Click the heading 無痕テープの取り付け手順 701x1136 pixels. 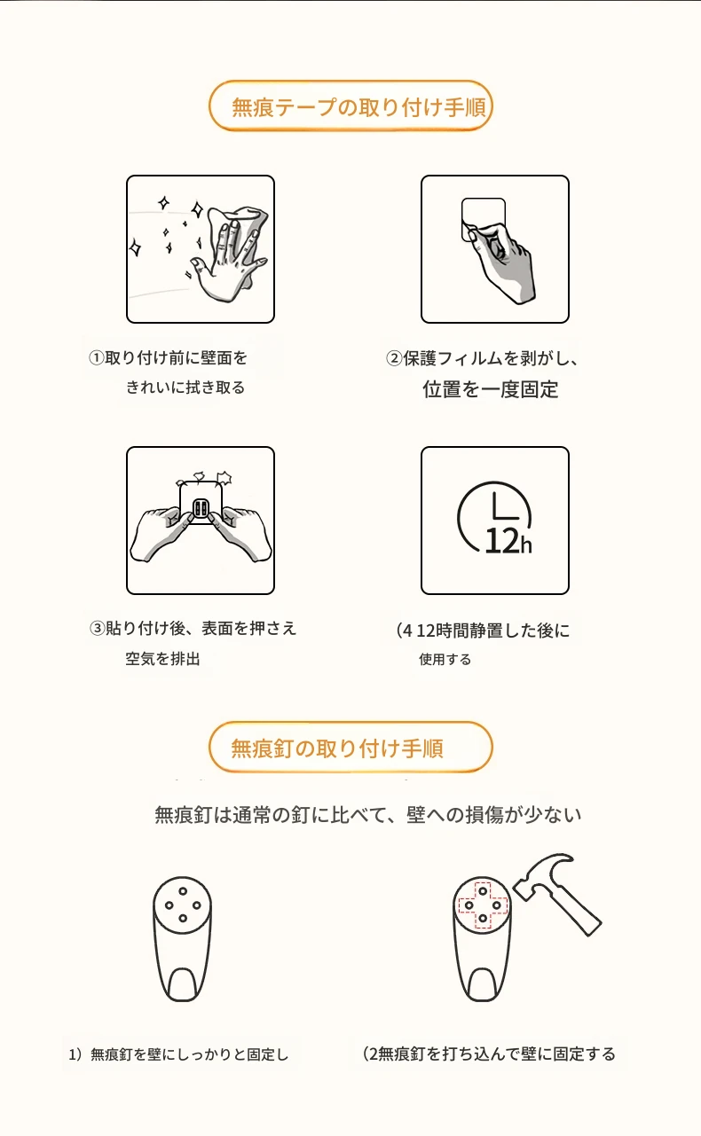[x=358, y=107]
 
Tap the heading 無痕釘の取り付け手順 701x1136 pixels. [x=337, y=748]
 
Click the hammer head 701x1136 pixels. [x=541, y=874]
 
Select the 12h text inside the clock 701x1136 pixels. [x=508, y=541]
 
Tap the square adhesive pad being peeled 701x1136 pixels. [x=484, y=218]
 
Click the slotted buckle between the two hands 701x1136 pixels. [x=201, y=507]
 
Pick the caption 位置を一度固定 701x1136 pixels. [x=491, y=389]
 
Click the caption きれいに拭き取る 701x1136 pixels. [x=185, y=388]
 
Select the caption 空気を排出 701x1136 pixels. [x=162, y=659]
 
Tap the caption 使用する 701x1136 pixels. [x=445, y=659]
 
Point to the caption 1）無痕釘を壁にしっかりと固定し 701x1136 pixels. [x=178, y=1054]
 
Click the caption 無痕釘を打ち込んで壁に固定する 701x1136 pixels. [x=497, y=1054]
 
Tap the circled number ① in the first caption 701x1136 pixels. [x=96, y=358]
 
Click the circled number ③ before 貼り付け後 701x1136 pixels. [x=97, y=629]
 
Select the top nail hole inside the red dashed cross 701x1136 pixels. [x=483, y=891]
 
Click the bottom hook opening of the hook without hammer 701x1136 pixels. [x=183, y=985]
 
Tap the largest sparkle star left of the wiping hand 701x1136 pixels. [x=135, y=248]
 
